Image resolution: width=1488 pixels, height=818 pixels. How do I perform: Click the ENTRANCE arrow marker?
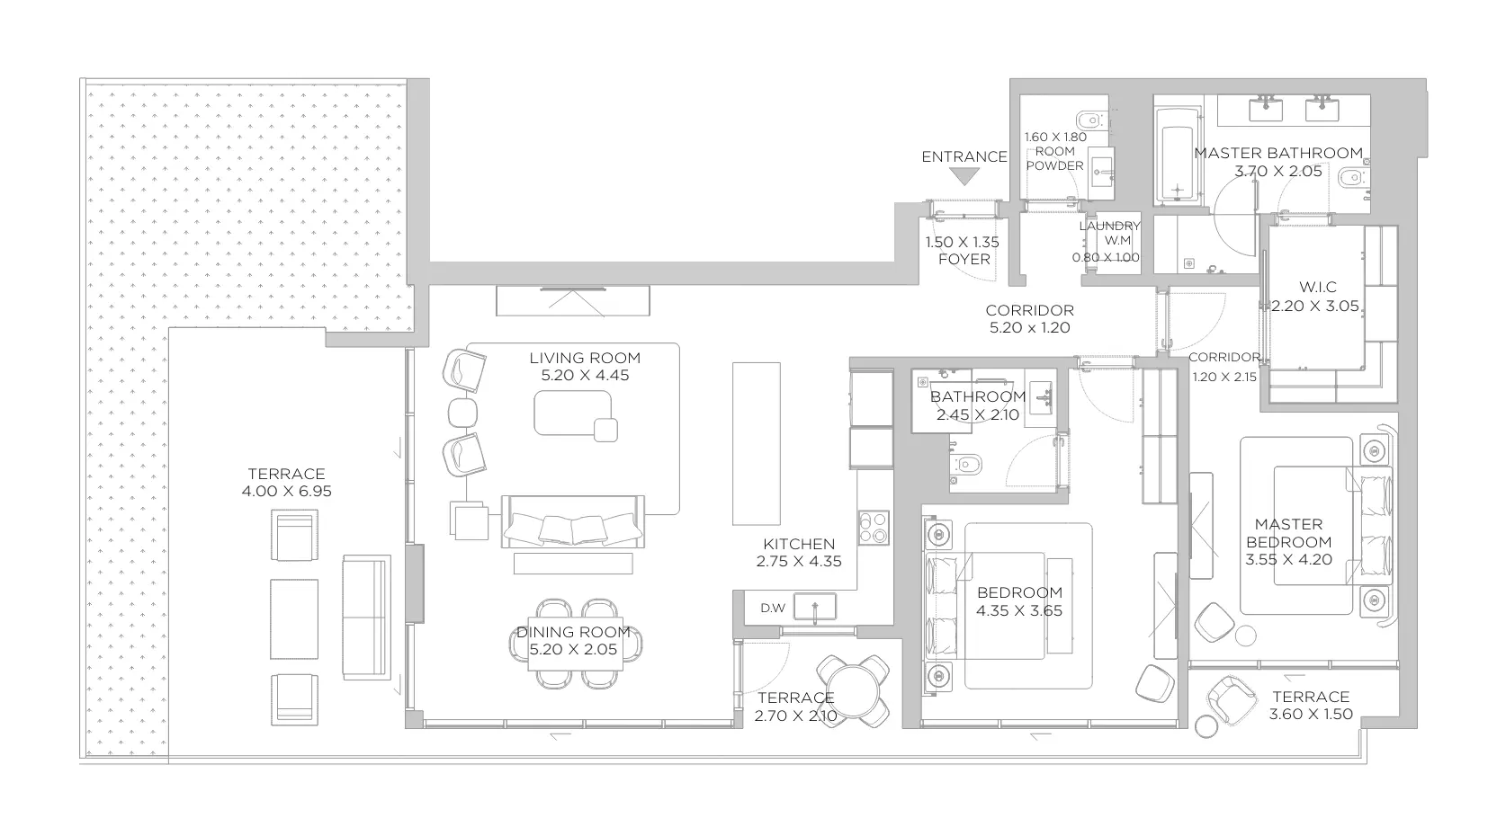(x=964, y=176)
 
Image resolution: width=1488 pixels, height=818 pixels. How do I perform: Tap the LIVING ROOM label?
(x=585, y=358)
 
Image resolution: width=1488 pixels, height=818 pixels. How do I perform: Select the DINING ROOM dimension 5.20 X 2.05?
(x=573, y=649)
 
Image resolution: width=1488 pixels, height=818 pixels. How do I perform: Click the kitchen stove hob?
(x=874, y=528)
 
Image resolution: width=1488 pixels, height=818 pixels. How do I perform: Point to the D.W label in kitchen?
(x=773, y=609)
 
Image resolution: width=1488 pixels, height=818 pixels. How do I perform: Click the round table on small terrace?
(x=853, y=691)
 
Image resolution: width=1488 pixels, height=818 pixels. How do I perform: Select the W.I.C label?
(x=1318, y=288)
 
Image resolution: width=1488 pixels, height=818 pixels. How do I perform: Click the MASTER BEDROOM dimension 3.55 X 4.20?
(x=1288, y=560)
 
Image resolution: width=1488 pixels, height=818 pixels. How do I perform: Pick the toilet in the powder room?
(x=1090, y=120)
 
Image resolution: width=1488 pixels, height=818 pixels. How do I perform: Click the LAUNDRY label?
(x=1109, y=227)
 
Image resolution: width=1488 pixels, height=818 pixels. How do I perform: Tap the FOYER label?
(x=964, y=259)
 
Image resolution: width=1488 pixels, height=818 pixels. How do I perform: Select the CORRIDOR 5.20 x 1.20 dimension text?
(x=1030, y=327)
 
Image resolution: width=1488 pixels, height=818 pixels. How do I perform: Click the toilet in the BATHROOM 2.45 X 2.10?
(x=966, y=464)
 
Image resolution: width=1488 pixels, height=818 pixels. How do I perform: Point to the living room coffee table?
(x=572, y=413)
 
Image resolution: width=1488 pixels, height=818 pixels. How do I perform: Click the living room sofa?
(x=572, y=522)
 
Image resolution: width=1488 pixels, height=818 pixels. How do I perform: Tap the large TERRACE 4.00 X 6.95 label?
(x=286, y=474)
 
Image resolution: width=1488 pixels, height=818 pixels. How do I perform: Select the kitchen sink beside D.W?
(x=815, y=607)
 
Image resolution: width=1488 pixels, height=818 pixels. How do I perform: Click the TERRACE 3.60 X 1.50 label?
(x=1311, y=698)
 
